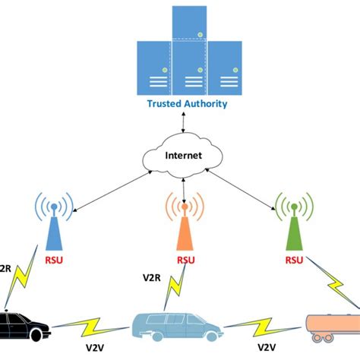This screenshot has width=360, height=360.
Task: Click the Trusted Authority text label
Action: click(186, 104)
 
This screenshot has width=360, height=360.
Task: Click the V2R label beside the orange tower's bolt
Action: click(153, 278)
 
